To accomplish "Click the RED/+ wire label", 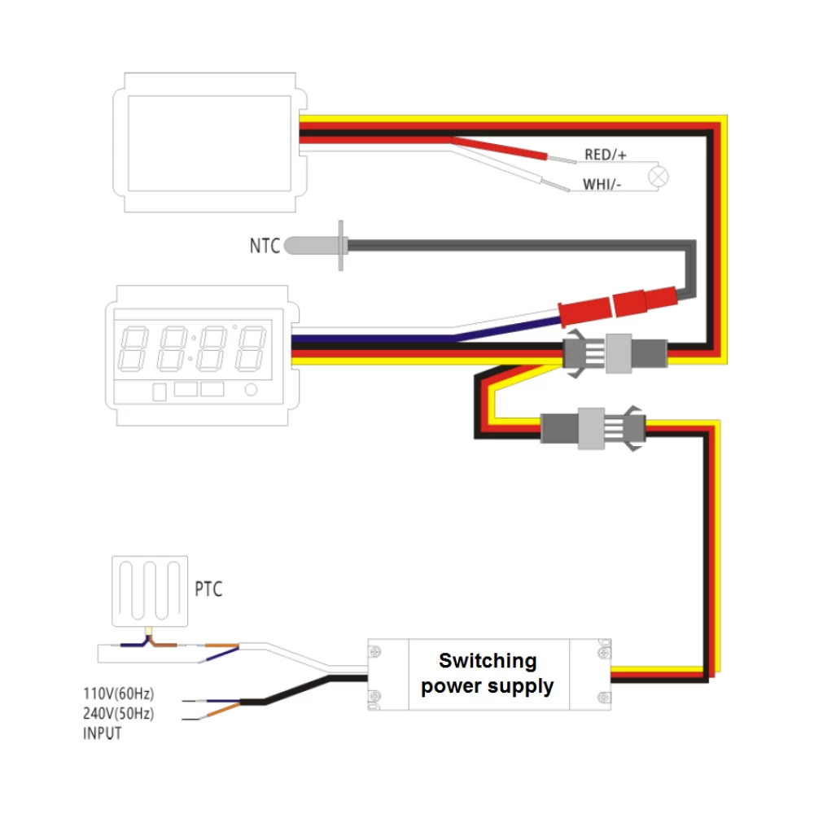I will point(606,155).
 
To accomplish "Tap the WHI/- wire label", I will point(602,185).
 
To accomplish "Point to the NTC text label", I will point(265,245).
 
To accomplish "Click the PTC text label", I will point(208,589).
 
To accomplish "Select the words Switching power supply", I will point(487,673).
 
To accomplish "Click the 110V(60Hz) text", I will point(118,694).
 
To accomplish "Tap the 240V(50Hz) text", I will point(118,714).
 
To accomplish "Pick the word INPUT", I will point(103,733).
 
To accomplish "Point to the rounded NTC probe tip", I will point(300,244).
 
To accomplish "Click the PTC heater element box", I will point(149,592).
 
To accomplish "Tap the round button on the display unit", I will point(252,391).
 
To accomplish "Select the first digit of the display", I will point(133,348).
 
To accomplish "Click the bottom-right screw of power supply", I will point(602,697).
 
